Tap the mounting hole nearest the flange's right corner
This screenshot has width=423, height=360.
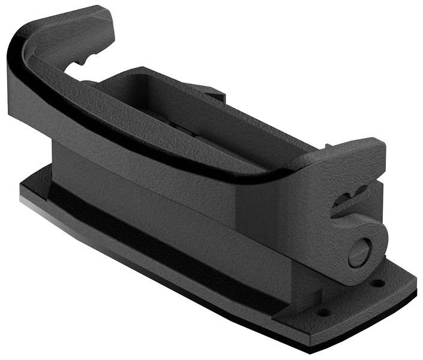click(378, 283)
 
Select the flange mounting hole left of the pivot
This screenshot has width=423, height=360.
click(323, 312)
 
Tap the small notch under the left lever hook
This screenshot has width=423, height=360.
click(80, 62)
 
